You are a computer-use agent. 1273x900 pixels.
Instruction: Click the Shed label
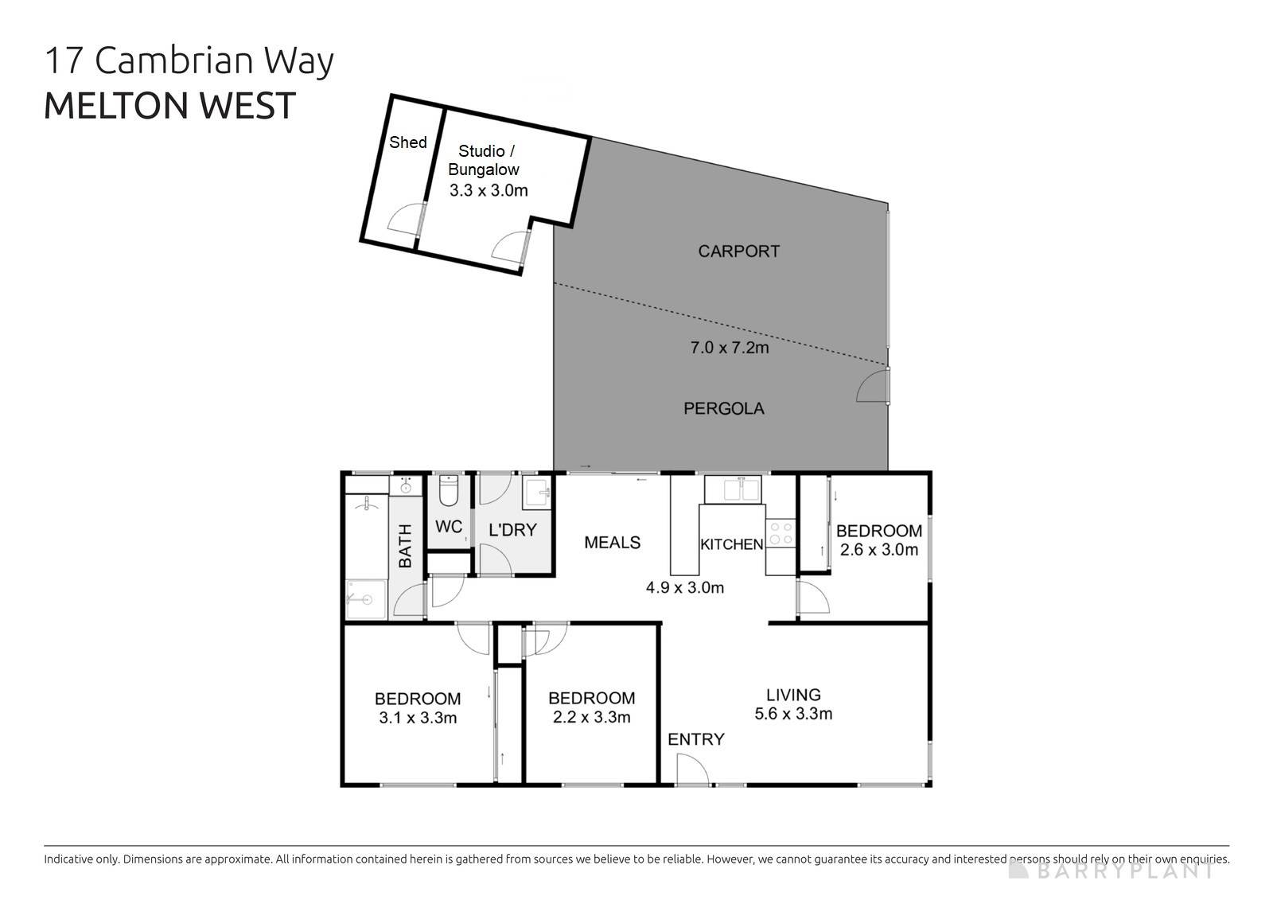tap(408, 142)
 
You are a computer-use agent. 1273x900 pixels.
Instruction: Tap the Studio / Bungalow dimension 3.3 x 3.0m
tap(489, 190)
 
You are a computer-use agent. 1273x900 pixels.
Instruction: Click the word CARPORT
tap(738, 251)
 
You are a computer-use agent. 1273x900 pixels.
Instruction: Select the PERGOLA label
tap(724, 409)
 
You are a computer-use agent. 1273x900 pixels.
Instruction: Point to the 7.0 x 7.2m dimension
tap(729, 348)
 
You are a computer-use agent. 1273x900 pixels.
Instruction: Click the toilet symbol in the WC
tap(449, 491)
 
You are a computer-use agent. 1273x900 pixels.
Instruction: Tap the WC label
tap(449, 527)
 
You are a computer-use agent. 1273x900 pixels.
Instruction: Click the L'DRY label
tap(512, 530)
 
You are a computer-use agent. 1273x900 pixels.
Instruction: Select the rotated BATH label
tap(405, 546)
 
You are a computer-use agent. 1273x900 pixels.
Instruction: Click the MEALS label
tap(612, 543)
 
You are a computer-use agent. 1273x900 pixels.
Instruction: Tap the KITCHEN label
tap(731, 545)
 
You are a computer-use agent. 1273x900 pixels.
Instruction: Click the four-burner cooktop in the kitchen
tap(781, 533)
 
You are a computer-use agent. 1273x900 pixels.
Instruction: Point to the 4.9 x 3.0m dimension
tap(684, 588)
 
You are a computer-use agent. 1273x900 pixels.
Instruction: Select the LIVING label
tap(793, 695)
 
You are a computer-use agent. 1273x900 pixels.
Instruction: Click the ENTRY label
tap(695, 739)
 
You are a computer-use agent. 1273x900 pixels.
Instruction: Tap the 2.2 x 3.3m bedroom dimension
tap(591, 718)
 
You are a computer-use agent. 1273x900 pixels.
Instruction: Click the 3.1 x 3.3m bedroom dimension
tap(418, 719)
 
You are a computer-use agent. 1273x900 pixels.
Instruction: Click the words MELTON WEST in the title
tap(169, 106)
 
